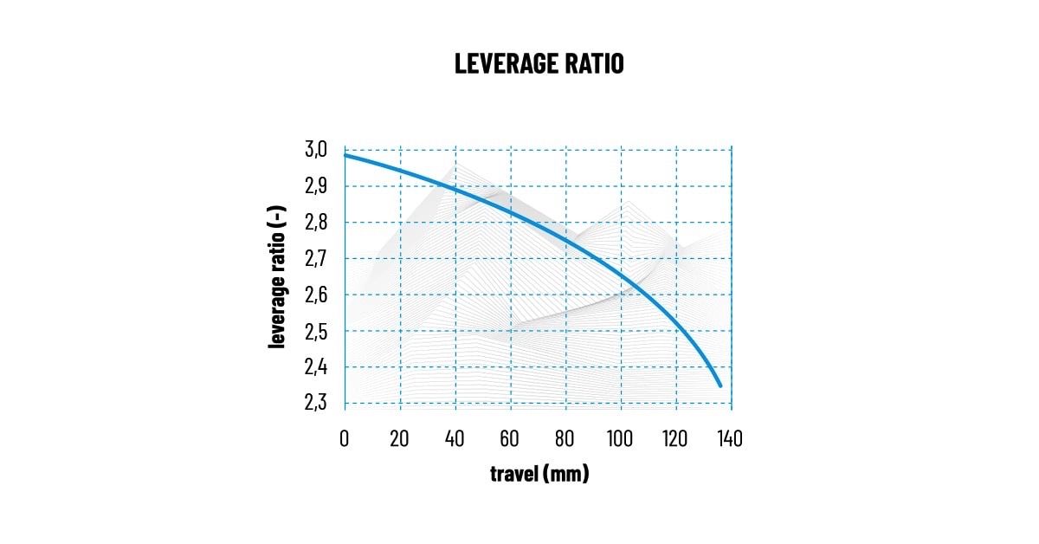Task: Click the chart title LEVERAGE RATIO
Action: pos(539,64)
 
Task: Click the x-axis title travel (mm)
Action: pos(539,474)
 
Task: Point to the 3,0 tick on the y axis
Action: pos(316,150)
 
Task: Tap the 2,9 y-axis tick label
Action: pos(316,186)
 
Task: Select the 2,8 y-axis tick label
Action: pos(316,223)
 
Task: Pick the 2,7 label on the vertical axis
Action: pos(316,259)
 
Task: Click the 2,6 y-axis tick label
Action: pos(316,295)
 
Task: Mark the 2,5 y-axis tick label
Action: pos(316,332)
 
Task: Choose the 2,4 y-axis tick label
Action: pos(316,367)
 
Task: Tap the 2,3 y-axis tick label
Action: pos(316,404)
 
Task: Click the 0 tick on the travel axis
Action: pos(345,438)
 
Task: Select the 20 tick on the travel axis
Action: pos(399,438)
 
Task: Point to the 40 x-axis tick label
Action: pos(455,438)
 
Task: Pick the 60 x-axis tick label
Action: pos(510,438)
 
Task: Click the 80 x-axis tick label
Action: pos(565,438)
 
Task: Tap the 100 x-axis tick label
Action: pos(620,438)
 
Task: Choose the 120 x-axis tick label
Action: pos(675,438)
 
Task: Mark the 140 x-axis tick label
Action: pos(731,438)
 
